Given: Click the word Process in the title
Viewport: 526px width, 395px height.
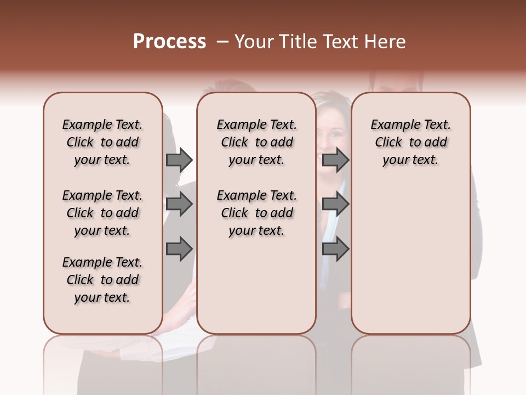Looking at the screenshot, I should [169, 42].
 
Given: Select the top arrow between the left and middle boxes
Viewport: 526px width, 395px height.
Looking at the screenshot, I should [179, 160].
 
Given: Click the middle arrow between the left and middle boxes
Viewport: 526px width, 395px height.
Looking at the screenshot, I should [179, 204].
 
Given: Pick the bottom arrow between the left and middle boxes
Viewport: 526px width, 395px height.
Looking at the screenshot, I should [179, 249].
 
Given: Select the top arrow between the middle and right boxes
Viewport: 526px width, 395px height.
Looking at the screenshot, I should [335, 160].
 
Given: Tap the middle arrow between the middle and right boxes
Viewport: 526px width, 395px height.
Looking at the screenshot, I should [335, 204].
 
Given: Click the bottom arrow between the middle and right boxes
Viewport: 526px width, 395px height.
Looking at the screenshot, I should [335, 249].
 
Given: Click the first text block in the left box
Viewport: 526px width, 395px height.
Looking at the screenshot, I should [102, 142].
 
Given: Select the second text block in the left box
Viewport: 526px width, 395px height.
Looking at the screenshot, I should [102, 213].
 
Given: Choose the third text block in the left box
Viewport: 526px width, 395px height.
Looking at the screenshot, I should [102, 280].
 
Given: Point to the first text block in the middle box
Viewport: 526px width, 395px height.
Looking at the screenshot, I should [256, 142].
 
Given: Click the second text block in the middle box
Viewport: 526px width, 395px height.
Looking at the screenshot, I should [256, 213].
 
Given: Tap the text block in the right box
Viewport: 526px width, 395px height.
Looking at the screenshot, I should [410, 142].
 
